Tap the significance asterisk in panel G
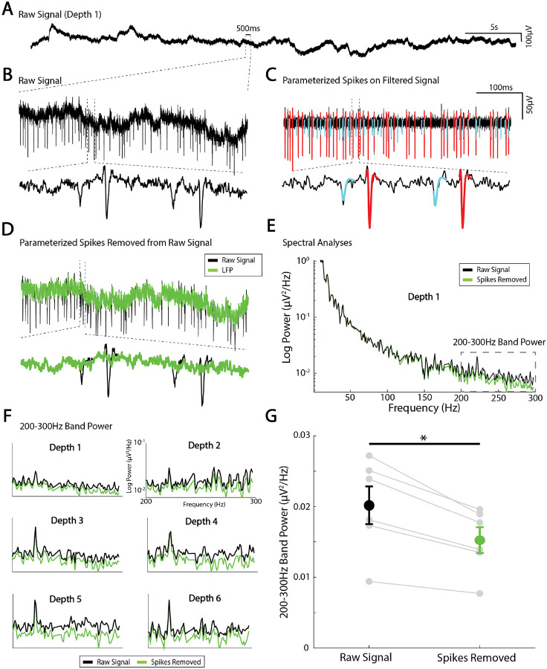tap(424, 438)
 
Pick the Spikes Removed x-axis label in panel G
tap(480, 658)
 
